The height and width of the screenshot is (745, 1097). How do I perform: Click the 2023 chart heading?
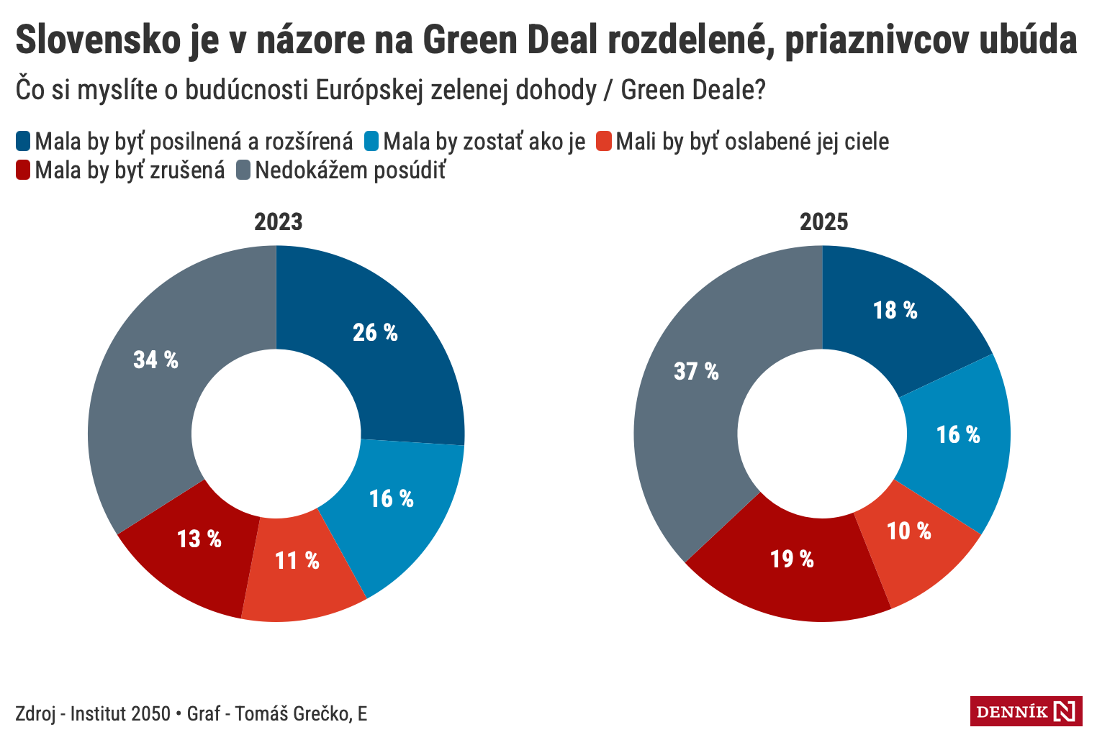coord(278,221)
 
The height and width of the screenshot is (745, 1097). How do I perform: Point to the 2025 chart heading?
coord(823,221)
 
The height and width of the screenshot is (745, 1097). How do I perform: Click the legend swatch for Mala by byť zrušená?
coord(23,170)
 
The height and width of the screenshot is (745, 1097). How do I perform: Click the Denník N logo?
coord(1026,712)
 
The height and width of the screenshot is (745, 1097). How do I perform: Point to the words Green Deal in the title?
coord(510,40)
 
